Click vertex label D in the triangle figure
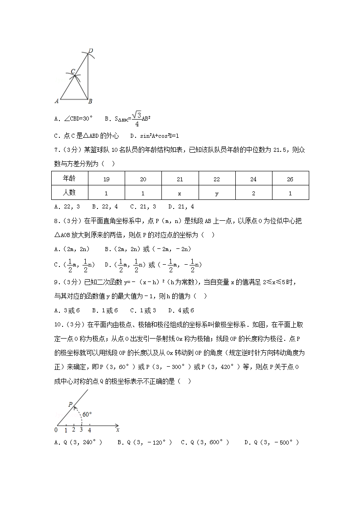[91, 50]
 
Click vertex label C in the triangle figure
[73, 72]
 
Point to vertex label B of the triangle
[90, 101]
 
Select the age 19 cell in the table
[106, 179]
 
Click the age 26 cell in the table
[290, 179]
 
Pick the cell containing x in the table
[180, 193]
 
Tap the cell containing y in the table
[216, 193]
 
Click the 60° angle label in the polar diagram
[87, 414]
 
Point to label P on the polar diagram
[70, 404]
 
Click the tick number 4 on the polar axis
[89, 430]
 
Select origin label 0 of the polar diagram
[56, 430]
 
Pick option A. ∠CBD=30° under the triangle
[73, 119]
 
